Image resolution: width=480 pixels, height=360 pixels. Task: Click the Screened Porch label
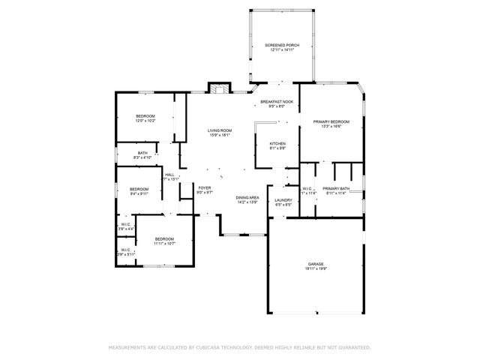pyautogui.click(x=282, y=45)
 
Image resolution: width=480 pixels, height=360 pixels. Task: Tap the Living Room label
pyautogui.click(x=219, y=131)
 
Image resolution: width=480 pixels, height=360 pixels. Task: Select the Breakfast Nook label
pyautogui.click(x=277, y=101)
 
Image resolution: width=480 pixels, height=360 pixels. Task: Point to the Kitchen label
pyautogui.click(x=277, y=143)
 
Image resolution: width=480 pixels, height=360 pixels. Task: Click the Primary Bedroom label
pyautogui.click(x=331, y=121)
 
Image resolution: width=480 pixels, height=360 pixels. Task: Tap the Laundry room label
pyautogui.click(x=283, y=199)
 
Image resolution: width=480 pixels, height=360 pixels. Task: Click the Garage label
pyautogui.click(x=316, y=265)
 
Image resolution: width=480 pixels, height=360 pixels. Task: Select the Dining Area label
pyautogui.click(x=247, y=197)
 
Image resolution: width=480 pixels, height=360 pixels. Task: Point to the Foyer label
pyautogui.click(x=205, y=188)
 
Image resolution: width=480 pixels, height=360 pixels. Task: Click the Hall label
pyautogui.click(x=170, y=174)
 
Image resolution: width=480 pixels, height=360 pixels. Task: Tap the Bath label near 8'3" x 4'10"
pyautogui.click(x=142, y=153)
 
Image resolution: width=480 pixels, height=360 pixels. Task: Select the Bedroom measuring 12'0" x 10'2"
pyautogui.click(x=145, y=115)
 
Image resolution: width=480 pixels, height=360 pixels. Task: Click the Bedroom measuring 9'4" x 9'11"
pyautogui.click(x=139, y=189)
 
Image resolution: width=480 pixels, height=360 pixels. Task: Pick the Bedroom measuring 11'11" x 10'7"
pyautogui.click(x=164, y=238)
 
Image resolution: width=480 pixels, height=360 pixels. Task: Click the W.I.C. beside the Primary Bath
pyautogui.click(x=307, y=188)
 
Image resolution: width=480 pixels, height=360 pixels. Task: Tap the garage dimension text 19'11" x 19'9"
pyautogui.click(x=316, y=270)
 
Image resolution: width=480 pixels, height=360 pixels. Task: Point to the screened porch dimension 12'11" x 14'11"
pyautogui.click(x=282, y=50)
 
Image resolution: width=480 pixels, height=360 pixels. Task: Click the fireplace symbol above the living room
pyautogui.click(x=218, y=89)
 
